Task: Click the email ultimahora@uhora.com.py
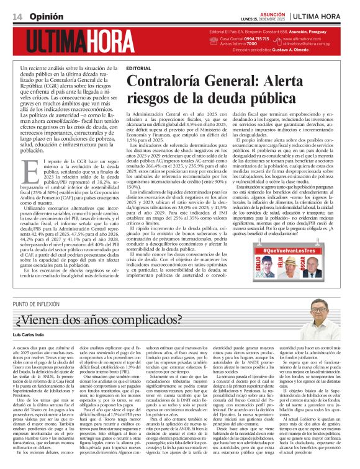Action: [309, 45]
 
